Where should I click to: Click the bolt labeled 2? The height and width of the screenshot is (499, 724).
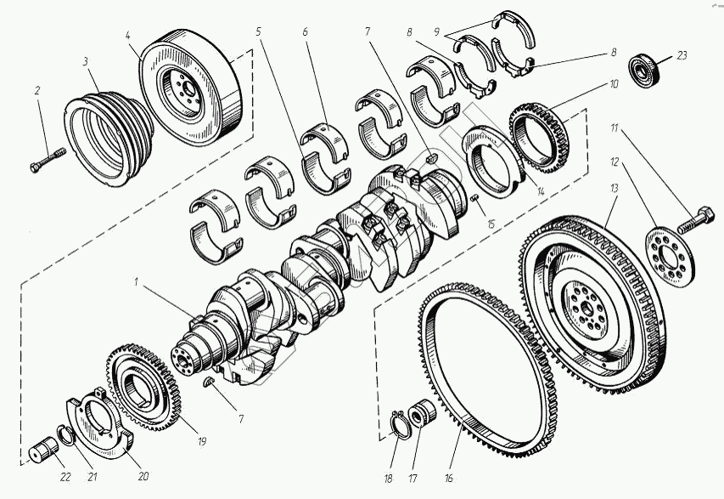click(48, 160)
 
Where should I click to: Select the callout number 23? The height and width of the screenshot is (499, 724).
click(682, 55)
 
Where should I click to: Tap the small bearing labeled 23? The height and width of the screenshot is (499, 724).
click(643, 70)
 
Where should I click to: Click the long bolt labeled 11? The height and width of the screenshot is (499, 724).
click(696, 219)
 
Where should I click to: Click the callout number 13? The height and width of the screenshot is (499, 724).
click(615, 190)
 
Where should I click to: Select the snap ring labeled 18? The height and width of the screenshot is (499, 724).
click(399, 424)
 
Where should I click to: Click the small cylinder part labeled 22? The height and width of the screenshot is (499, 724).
click(43, 450)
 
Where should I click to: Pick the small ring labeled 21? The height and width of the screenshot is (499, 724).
click(67, 435)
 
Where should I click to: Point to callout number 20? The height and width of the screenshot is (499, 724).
click(143, 476)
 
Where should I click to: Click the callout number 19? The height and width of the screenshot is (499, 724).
click(201, 442)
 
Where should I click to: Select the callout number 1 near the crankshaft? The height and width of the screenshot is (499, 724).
click(136, 282)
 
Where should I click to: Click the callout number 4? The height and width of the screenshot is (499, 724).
click(128, 35)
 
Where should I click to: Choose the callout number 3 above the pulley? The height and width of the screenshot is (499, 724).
click(86, 61)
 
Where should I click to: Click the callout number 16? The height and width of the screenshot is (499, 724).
click(449, 479)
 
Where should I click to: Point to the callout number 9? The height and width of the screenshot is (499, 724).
click(436, 32)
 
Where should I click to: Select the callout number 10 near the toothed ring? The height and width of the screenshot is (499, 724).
click(614, 85)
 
